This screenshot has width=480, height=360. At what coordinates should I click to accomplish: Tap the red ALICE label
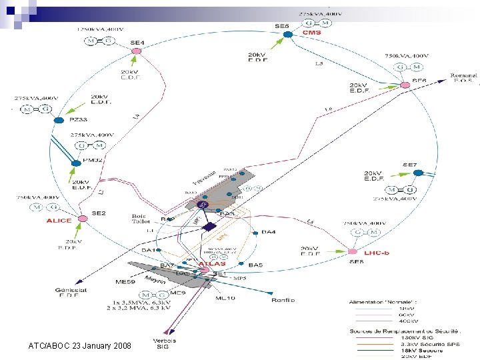[x=59, y=221]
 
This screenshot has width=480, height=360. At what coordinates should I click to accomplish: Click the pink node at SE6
[x=405, y=85]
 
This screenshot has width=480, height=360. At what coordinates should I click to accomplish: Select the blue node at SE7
[x=418, y=173]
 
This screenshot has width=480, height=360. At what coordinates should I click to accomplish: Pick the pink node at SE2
[x=83, y=218]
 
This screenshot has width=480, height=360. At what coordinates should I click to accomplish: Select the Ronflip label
[x=283, y=300]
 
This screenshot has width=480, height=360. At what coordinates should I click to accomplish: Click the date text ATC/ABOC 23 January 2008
[x=80, y=346]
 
